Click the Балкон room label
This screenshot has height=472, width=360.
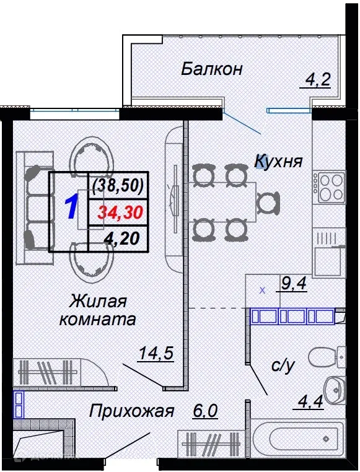point(211,68)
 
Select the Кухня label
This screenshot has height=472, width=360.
point(278,162)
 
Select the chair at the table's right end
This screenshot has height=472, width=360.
point(266,202)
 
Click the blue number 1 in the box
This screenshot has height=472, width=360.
point(71,208)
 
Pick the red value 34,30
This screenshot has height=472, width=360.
point(120,213)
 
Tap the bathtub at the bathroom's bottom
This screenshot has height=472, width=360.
point(297,442)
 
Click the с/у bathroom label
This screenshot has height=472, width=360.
point(283,366)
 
